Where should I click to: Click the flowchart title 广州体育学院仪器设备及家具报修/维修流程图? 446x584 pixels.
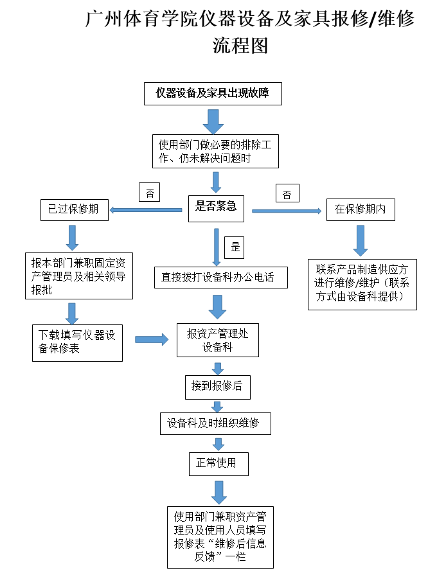[250, 31]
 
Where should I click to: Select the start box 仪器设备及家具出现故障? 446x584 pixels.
[212, 93]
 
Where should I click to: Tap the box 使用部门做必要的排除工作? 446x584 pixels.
[215, 152]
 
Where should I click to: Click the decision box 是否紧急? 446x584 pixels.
[216, 206]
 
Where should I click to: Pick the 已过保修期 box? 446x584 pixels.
[74, 209]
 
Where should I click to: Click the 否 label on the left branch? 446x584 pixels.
[149, 193]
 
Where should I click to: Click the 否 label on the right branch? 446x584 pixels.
[287, 193]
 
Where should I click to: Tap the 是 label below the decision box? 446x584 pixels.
[235, 246]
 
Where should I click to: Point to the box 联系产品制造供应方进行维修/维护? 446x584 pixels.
[362, 283]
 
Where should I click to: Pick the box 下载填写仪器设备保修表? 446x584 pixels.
[76, 342]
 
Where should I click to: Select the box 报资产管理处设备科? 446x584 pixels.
[218, 341]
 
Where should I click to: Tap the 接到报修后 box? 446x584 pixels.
[217, 387]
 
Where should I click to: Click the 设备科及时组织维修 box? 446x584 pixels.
[215, 423]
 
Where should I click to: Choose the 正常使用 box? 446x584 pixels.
[217, 463]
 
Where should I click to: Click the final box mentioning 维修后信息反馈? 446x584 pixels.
[220, 536]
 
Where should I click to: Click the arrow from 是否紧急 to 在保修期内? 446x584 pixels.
[286, 211]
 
